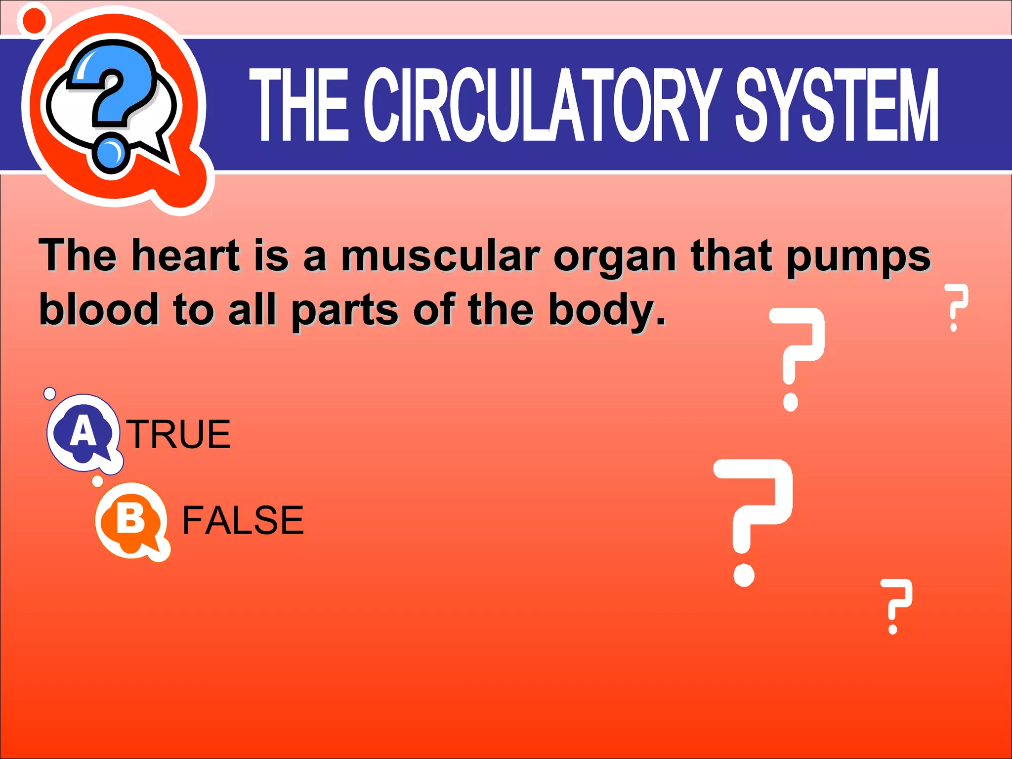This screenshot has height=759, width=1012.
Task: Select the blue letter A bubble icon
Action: tap(83, 432)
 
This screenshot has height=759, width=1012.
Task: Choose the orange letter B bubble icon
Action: tap(131, 520)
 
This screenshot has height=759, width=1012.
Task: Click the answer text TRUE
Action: tap(179, 434)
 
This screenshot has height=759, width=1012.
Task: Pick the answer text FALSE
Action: tap(243, 520)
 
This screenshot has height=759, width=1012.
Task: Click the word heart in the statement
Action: tap(186, 255)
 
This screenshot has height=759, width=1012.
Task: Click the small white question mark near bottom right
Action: tap(896, 605)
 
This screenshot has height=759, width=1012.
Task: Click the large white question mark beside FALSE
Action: tap(752, 519)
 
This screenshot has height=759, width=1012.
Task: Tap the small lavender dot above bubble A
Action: tap(50, 393)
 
